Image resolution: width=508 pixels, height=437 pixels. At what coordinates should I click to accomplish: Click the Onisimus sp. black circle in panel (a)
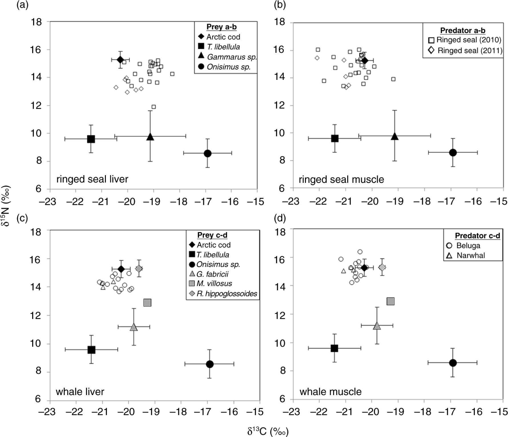coord(207,153)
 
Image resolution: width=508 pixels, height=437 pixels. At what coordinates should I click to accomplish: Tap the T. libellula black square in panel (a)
coord(91,139)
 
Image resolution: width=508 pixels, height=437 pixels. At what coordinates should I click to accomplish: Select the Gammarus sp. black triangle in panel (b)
coord(395,136)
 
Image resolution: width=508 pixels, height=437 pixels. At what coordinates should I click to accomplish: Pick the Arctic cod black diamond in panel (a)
coord(120,60)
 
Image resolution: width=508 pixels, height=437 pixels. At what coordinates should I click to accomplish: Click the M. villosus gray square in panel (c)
coord(147,303)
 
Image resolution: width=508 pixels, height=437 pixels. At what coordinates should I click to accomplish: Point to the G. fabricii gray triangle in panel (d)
coord(377,325)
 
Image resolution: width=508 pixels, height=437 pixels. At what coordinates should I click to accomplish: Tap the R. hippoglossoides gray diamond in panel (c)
coord(139,268)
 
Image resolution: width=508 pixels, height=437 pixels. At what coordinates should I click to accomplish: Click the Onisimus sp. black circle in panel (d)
coord(453,363)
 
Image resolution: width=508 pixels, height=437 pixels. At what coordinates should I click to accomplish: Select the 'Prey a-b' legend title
coord(221,27)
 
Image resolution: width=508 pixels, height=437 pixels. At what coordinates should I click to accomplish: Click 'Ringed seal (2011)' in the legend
coord(470,50)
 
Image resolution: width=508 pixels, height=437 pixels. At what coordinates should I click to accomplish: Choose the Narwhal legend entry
coord(471,255)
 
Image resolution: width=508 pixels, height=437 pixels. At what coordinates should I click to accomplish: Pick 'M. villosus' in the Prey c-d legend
coord(214,284)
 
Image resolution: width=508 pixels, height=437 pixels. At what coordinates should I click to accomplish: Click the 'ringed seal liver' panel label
coord(92,179)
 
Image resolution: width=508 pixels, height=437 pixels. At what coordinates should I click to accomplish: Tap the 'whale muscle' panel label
coord(330,392)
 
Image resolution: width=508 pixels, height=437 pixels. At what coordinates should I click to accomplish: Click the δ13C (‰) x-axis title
coord(268,431)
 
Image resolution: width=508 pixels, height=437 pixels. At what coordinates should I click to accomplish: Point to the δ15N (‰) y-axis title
coord(6,205)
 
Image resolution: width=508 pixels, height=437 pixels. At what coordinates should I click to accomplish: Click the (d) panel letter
coord(280,218)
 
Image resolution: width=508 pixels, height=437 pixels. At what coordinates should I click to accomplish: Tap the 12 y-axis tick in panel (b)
coord(279,106)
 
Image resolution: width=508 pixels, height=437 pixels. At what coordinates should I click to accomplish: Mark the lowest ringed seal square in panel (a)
coord(154,107)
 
